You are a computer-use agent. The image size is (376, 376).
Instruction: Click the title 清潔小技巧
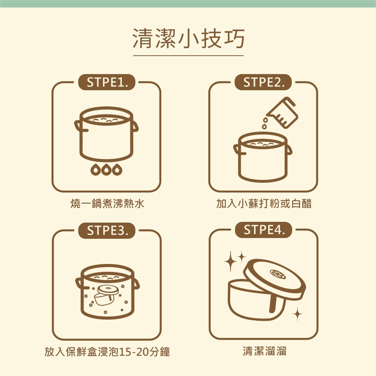point(188,38)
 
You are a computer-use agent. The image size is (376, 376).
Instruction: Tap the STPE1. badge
point(107,82)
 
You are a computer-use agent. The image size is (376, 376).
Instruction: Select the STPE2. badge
point(263,82)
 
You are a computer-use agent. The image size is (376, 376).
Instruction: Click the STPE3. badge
point(107,230)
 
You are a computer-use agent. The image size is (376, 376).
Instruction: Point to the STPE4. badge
point(264,230)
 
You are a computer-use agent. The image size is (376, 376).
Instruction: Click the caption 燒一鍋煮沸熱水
point(107,204)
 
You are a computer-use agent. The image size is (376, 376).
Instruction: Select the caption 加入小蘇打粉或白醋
point(264,204)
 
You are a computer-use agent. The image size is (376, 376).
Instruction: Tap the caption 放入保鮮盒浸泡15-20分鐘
point(107,352)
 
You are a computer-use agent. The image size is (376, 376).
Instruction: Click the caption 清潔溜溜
point(264,351)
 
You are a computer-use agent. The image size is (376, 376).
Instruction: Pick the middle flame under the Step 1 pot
point(107,170)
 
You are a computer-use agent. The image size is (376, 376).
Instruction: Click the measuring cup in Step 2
point(283,112)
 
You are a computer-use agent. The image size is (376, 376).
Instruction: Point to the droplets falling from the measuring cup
point(264,123)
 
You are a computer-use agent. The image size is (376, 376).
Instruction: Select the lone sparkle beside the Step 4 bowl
point(297,314)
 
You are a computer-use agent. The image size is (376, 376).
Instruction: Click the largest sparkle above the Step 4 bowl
point(230,262)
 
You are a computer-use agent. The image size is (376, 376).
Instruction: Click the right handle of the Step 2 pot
point(289,150)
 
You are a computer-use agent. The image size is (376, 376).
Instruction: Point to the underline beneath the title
point(188,56)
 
